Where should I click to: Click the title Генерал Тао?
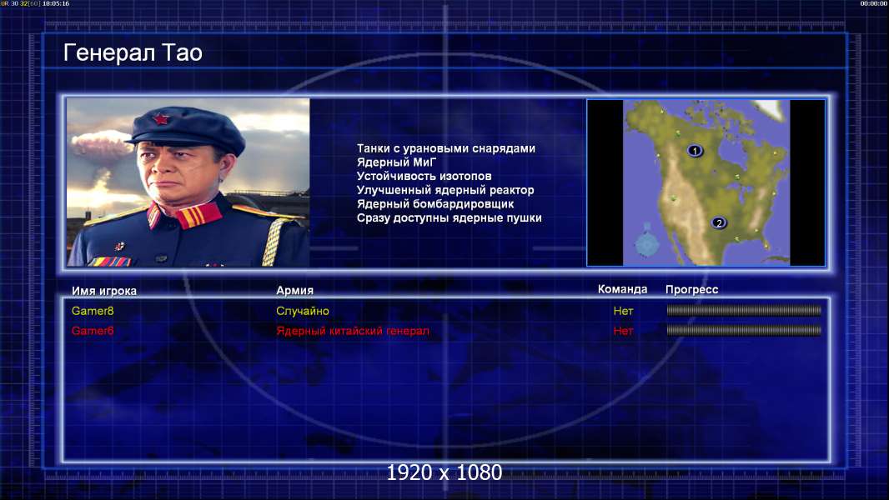pyautogui.click(x=133, y=52)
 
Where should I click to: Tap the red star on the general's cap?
pyautogui.click(x=161, y=119)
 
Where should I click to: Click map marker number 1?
pyautogui.click(x=695, y=151)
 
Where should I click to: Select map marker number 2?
pyautogui.click(x=719, y=222)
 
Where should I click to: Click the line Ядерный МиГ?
pyautogui.click(x=396, y=162)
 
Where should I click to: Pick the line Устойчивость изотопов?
pyautogui.click(x=424, y=176)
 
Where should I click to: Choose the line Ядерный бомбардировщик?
pyautogui.click(x=435, y=204)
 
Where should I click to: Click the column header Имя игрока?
pyautogui.click(x=103, y=291)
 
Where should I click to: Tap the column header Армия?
pyautogui.click(x=295, y=291)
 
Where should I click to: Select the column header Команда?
pyautogui.click(x=622, y=289)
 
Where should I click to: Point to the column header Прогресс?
pyautogui.click(x=691, y=290)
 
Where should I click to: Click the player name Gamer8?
pyautogui.click(x=93, y=311)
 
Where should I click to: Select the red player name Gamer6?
pyautogui.click(x=93, y=331)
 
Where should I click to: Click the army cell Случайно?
pyautogui.click(x=302, y=311)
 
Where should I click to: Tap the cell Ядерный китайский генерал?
pyautogui.click(x=353, y=331)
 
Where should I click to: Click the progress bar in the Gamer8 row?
pyautogui.click(x=744, y=310)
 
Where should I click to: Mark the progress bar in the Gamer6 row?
pyautogui.click(x=744, y=330)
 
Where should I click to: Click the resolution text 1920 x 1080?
pyautogui.click(x=444, y=472)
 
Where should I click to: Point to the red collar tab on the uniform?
pyautogui.click(x=198, y=216)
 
